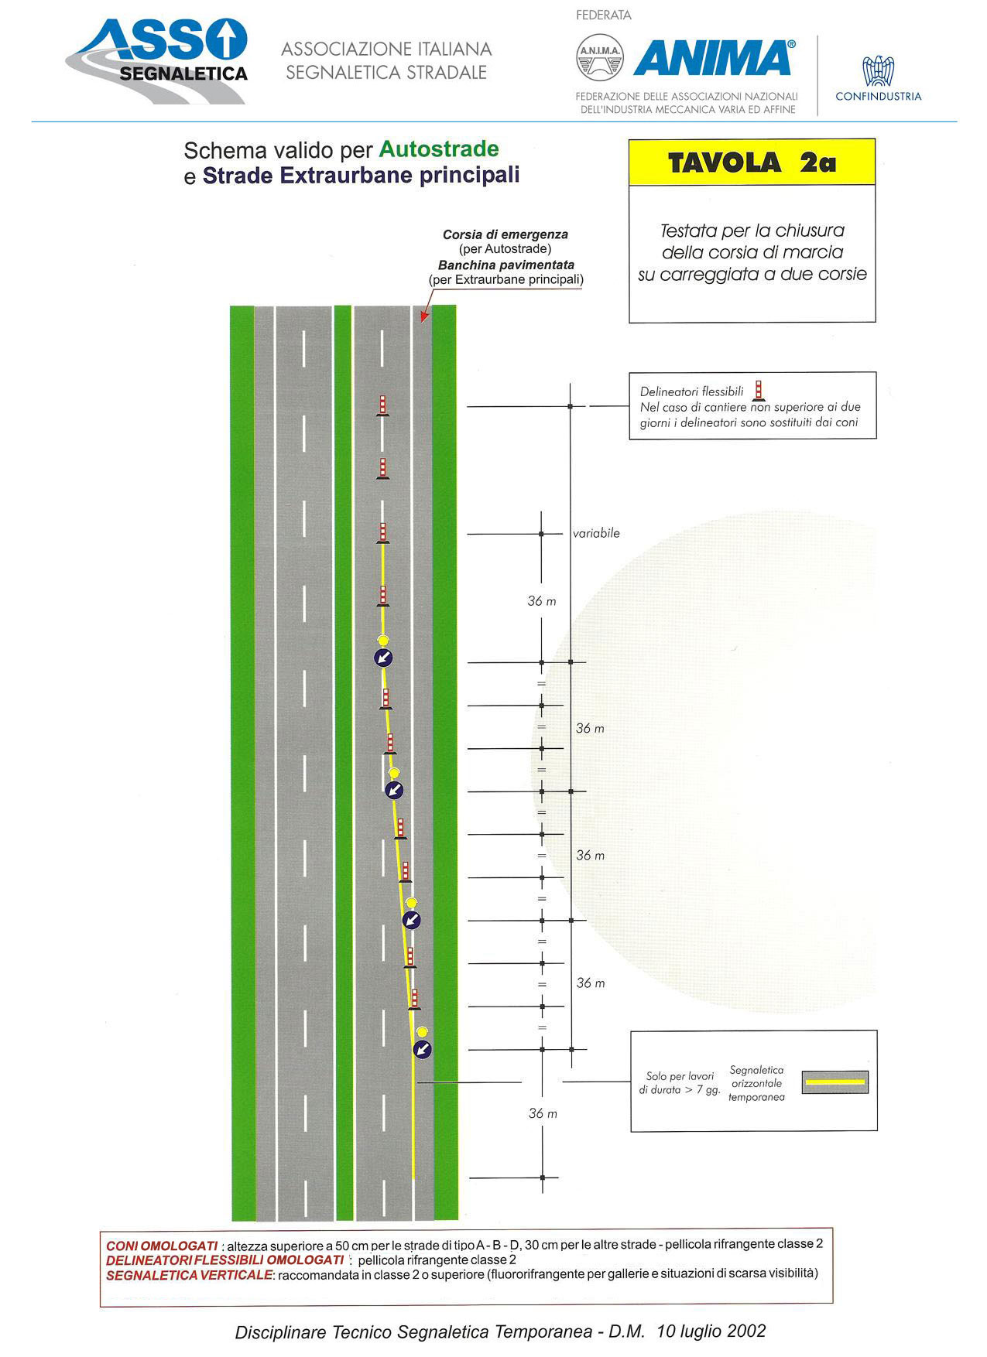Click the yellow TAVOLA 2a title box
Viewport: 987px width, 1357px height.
[x=752, y=162]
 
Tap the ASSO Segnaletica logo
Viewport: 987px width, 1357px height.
[x=156, y=61]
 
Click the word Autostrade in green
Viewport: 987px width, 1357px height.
[x=439, y=149]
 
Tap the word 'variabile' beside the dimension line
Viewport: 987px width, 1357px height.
[x=596, y=533]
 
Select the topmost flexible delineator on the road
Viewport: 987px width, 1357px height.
[x=382, y=405]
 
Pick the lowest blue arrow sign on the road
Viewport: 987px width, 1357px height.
[x=422, y=1049]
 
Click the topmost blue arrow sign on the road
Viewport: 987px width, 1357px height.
[x=383, y=658]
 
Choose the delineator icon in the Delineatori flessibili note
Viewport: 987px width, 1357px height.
[x=759, y=391]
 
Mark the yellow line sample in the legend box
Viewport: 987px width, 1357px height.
[x=834, y=1082]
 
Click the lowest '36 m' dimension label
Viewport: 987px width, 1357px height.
[x=543, y=1113]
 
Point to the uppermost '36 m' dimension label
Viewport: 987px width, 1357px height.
[x=542, y=601]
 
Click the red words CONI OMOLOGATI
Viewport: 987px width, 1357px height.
[x=162, y=1246]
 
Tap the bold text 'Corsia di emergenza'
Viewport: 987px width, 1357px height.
[x=505, y=234]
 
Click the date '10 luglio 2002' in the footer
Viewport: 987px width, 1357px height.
[x=711, y=1331]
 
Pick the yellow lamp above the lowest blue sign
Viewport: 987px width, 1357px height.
[x=422, y=1032]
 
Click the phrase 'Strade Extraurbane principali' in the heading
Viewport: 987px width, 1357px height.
[x=361, y=176]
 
